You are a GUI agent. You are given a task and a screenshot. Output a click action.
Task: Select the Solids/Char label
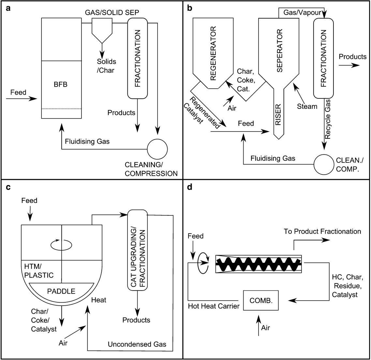106,65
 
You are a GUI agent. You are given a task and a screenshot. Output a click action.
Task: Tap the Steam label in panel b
307,106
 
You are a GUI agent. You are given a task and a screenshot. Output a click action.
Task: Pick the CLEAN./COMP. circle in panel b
324,164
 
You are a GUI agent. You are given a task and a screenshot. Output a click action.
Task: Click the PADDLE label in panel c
61,291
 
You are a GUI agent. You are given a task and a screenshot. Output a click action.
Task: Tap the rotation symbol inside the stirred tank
62,243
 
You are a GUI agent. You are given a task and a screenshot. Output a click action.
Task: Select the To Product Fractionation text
322,231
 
